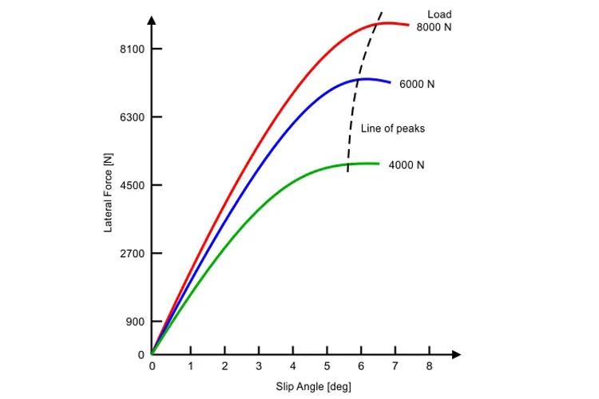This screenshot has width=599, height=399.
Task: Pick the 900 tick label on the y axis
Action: point(133,322)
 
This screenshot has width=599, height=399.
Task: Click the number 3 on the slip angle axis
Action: point(258,366)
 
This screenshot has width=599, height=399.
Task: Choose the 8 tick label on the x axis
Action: point(430,366)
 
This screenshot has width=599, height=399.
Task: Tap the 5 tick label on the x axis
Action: point(327,366)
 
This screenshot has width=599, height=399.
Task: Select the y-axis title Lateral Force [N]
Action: point(108,192)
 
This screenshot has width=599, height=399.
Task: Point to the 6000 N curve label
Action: point(417,84)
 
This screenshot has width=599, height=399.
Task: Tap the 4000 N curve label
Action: point(407,165)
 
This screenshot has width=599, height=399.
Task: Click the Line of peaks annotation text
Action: point(393,128)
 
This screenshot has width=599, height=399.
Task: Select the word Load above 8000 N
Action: point(439,14)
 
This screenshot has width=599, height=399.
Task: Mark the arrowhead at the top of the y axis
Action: point(151,18)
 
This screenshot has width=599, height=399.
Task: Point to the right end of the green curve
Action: point(379,164)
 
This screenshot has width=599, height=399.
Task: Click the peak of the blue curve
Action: point(364,78)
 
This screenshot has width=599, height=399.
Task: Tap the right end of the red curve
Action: point(408,26)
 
